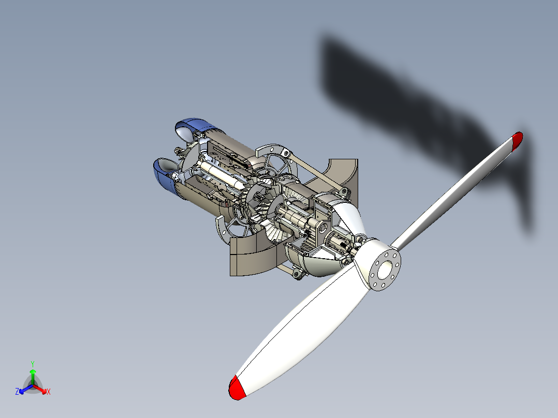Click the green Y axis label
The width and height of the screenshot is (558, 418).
33,363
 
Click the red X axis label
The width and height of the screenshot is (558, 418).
48,392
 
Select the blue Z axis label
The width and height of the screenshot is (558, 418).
17,392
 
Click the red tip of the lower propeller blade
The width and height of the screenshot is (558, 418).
237,388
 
